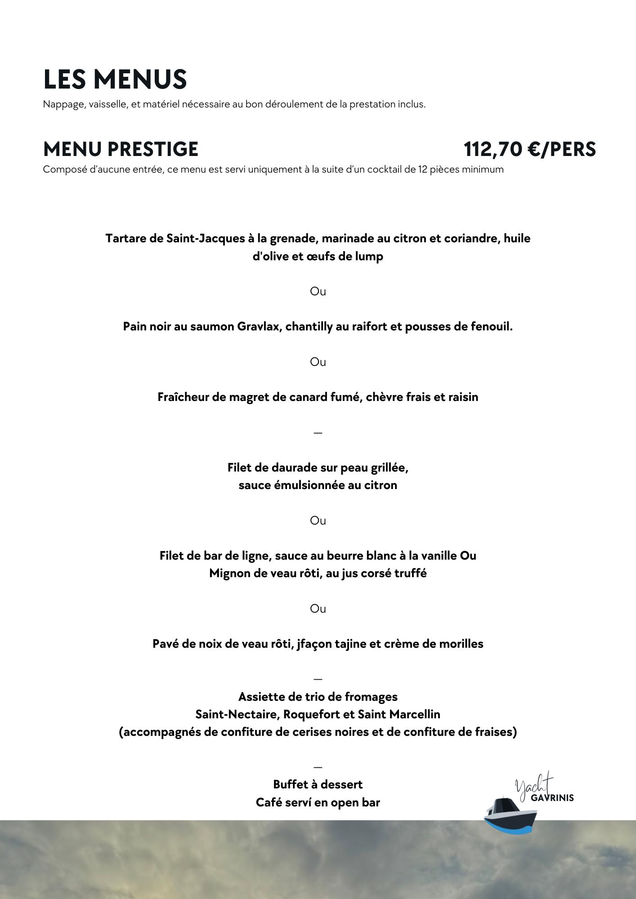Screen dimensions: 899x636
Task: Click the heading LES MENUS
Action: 115,80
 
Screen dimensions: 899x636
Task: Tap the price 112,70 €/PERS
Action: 529,149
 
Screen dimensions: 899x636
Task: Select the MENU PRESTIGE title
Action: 121,149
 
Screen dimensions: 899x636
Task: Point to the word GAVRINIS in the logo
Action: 552,798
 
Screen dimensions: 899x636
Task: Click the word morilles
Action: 461,644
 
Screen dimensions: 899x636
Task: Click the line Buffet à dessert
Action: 318,784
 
